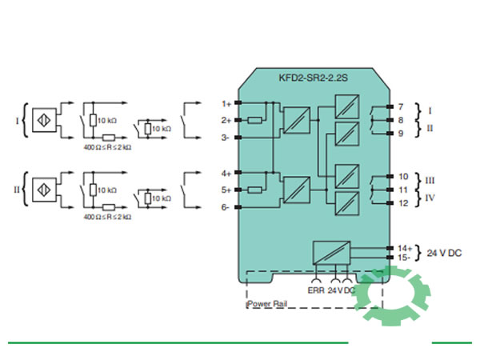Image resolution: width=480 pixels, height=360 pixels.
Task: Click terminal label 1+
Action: (226, 103)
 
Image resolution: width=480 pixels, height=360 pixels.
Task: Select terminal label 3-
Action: (226, 138)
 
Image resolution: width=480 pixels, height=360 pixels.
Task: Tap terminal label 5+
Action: (226, 190)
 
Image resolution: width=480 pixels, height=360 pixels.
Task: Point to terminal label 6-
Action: (226, 207)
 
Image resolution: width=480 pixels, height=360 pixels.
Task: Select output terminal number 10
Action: (402, 176)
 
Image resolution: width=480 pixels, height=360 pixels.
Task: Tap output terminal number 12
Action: (402, 203)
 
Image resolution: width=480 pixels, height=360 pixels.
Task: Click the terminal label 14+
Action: (404, 248)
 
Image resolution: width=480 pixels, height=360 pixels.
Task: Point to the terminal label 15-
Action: (404, 258)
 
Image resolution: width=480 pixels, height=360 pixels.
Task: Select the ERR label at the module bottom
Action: (316, 290)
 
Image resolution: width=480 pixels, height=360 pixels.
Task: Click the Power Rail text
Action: (269, 304)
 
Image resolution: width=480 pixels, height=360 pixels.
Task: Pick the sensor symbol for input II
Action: (41, 190)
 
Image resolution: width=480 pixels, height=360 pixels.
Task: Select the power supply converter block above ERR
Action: (330, 254)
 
